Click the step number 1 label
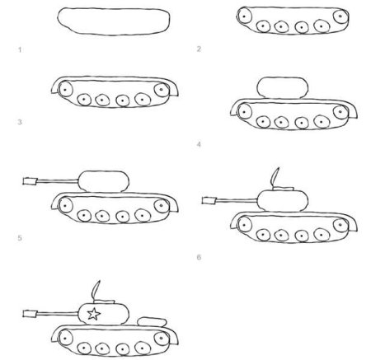18,49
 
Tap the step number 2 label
199,49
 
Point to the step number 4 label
199,143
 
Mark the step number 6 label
199,257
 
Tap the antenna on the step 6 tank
277,178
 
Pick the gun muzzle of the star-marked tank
31,313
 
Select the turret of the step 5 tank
102,180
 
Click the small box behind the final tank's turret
150,320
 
